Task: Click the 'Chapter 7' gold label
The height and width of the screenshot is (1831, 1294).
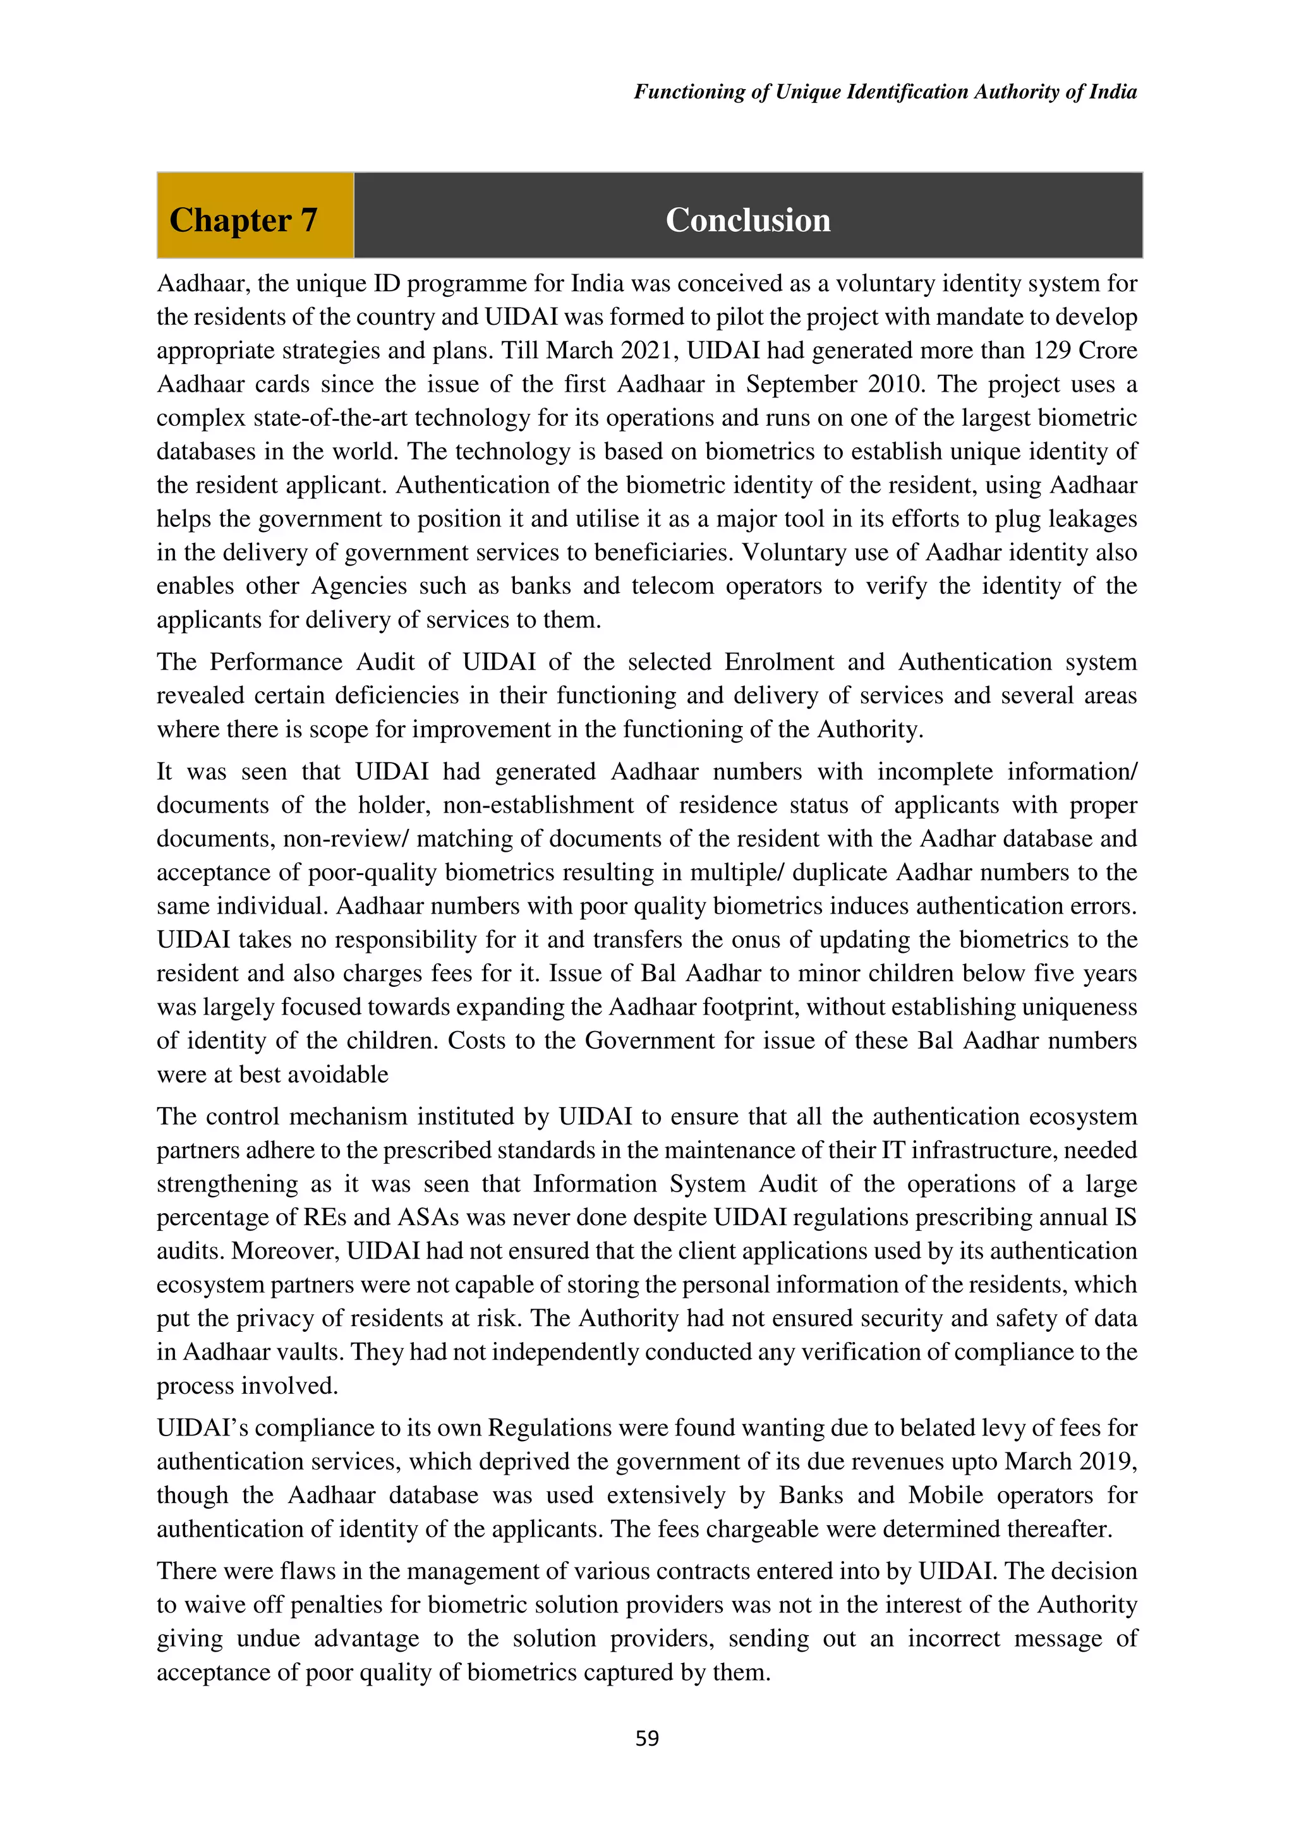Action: [243, 219]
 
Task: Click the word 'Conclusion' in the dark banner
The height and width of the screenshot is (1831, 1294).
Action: [748, 219]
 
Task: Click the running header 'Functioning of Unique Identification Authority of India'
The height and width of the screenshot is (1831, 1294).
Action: [885, 92]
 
